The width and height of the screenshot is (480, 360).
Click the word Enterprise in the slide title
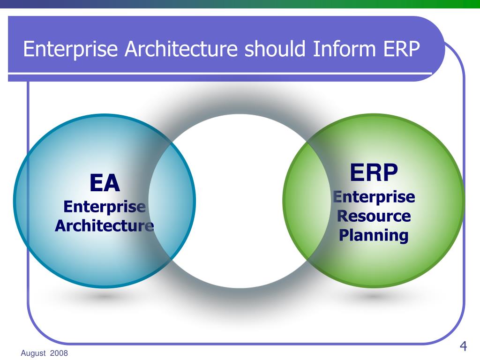pos(71,49)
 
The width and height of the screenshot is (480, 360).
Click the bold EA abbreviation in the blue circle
pos(105,183)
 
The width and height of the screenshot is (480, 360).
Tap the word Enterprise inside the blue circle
pos(105,207)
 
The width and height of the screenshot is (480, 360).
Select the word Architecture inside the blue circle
pos(105,226)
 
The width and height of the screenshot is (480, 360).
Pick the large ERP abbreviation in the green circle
pos(374,172)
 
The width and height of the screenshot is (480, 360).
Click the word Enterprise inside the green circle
pos(374,197)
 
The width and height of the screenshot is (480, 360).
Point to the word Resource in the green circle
pos(374,216)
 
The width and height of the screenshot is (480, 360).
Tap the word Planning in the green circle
pos(374,235)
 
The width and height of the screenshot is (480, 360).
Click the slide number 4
pos(463,346)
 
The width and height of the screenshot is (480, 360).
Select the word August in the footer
pos(33,353)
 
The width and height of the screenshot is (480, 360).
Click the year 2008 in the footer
pos(60,353)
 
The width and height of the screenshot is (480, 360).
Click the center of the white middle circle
pos(239,201)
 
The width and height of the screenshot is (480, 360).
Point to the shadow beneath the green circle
pos(374,297)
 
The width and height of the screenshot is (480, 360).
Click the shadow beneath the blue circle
pos(105,297)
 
